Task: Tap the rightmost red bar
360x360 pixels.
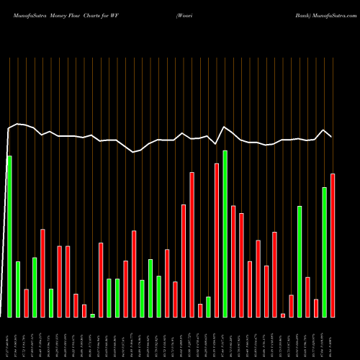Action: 333,245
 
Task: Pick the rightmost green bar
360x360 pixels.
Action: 324,252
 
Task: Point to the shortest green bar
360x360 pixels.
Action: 93,315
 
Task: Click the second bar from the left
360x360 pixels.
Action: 18,289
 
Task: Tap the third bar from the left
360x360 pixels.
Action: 27,303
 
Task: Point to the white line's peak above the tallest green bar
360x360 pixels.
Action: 225,127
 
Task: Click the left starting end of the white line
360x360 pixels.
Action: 8,130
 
